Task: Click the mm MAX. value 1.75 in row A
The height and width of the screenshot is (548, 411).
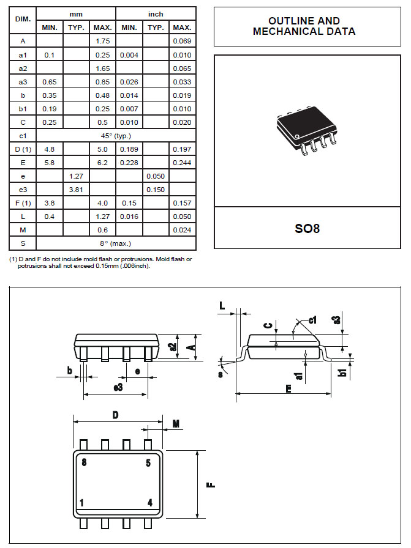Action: [102, 41]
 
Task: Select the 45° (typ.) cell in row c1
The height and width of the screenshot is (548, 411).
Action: [116, 136]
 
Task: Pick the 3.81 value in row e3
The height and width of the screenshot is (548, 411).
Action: [76, 190]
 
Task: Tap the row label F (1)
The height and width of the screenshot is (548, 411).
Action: [22, 203]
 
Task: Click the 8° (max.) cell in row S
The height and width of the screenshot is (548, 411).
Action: [116, 243]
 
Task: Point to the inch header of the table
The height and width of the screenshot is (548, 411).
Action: [156, 13]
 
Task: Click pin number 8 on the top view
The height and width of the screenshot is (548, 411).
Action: [84, 462]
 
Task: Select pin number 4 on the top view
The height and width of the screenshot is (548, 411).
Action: [149, 503]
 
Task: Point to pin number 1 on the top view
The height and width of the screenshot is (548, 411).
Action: [81, 503]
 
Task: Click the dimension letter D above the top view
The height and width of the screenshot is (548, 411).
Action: [115, 415]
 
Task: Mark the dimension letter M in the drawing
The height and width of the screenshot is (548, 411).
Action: [176, 424]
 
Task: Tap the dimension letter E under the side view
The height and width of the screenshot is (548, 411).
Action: [289, 388]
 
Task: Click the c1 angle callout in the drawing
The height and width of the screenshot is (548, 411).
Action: [312, 319]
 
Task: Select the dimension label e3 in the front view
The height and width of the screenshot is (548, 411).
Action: [118, 387]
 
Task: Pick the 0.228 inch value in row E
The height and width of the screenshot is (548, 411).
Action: [129, 163]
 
